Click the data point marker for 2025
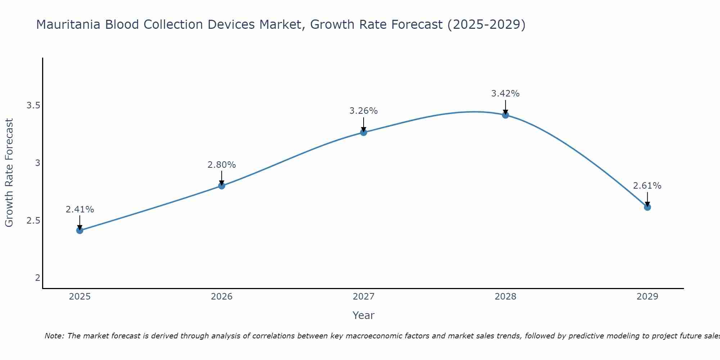pyautogui.click(x=80, y=230)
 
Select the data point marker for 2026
pyautogui.click(x=222, y=186)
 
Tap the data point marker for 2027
pyautogui.click(x=364, y=132)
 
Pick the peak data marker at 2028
pyautogui.click(x=505, y=115)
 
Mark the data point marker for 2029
pyautogui.click(x=647, y=207)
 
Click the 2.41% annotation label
pyautogui.click(x=80, y=210)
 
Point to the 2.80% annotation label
pyautogui.click(x=222, y=165)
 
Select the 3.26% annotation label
pyautogui.click(x=364, y=111)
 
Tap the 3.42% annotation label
pyautogui.click(x=505, y=94)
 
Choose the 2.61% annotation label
pyautogui.click(x=647, y=186)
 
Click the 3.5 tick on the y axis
pyautogui.click(x=33, y=105)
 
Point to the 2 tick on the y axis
pyautogui.click(x=37, y=278)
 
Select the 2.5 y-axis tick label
pyautogui.click(x=33, y=220)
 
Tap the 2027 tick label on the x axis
pyautogui.click(x=364, y=297)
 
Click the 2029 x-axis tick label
pyautogui.click(x=647, y=297)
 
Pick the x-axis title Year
pyautogui.click(x=364, y=315)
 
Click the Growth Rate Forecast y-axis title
pyautogui.click(x=9, y=173)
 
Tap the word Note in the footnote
pyautogui.click(x=54, y=336)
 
